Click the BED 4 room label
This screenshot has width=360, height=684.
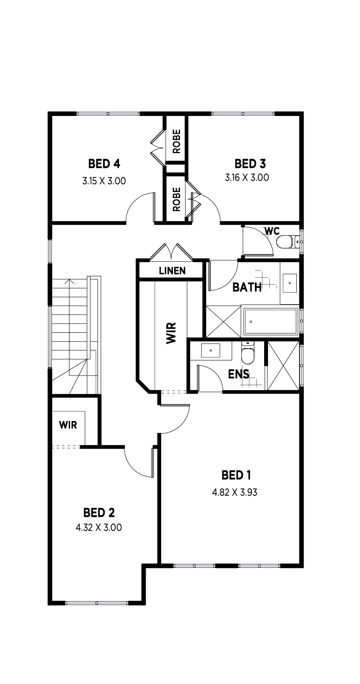[x=104, y=164]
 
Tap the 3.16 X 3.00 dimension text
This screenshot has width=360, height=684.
[x=247, y=177]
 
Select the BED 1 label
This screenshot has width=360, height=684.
[x=236, y=475]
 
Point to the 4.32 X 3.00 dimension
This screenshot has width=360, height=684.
[x=99, y=527]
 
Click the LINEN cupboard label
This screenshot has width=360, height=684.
[x=172, y=270]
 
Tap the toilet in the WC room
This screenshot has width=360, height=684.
[x=287, y=242]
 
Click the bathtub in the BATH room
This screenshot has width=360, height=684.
[x=271, y=321]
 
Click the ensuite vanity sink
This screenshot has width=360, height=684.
[x=211, y=350]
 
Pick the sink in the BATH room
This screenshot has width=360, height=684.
[x=290, y=283]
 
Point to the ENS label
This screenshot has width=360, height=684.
[x=239, y=374]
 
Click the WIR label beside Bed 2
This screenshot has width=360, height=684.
[x=68, y=425]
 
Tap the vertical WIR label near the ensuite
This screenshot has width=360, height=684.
[x=171, y=333]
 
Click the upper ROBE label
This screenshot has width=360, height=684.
[x=177, y=141]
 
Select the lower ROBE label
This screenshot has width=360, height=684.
[x=177, y=199]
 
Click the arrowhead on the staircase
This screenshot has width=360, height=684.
[x=70, y=281]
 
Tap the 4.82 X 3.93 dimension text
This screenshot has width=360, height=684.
[x=234, y=492]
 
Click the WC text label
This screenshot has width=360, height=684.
[x=272, y=231]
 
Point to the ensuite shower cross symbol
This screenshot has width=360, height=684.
[x=283, y=365]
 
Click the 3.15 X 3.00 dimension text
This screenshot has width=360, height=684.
[x=104, y=181]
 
